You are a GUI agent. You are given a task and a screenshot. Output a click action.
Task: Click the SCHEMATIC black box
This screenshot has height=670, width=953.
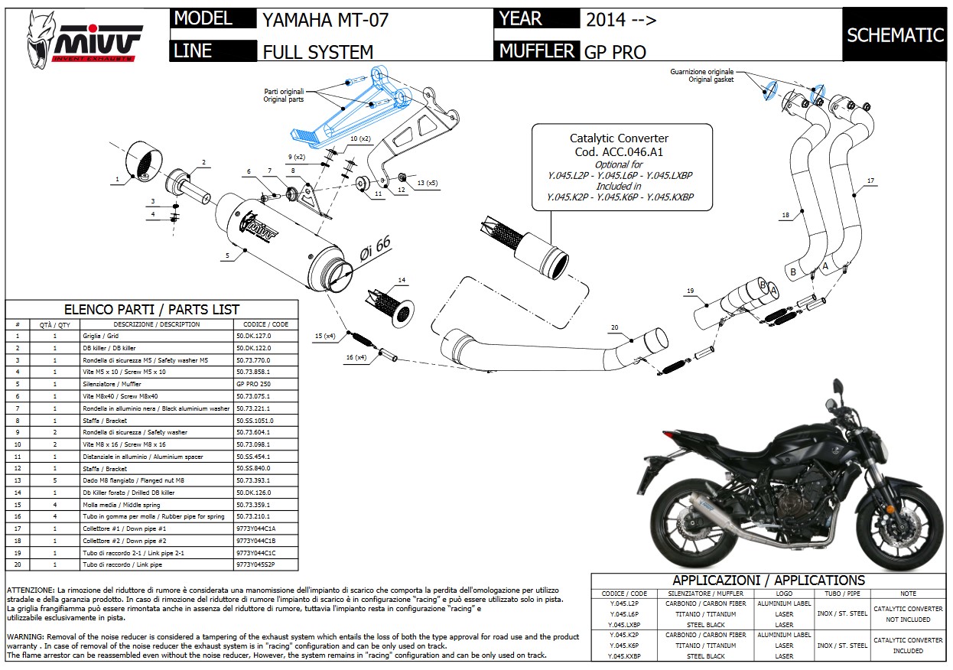pyautogui.click(x=896, y=34)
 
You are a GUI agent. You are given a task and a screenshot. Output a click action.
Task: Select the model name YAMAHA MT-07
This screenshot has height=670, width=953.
pyautogui.click(x=325, y=20)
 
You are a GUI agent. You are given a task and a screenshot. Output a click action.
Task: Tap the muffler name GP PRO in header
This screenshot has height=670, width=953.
pyautogui.click(x=615, y=52)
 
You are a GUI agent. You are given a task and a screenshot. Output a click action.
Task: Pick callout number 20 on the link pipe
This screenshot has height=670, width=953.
pyautogui.click(x=613, y=327)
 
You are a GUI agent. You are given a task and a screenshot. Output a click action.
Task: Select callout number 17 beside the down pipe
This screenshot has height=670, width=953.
pyautogui.click(x=870, y=181)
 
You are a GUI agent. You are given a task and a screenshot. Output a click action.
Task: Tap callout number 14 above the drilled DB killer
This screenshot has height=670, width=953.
pyautogui.click(x=402, y=280)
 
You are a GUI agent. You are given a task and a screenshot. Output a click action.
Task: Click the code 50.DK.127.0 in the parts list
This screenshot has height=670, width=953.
pyautogui.click(x=253, y=336)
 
